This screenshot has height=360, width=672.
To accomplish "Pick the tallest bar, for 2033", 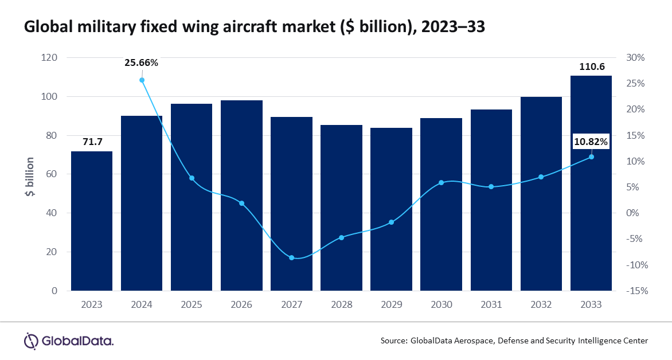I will click(591, 183).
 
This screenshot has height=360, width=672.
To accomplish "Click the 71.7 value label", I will click(92, 140).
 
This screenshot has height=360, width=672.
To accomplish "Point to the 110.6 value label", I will click(591, 66).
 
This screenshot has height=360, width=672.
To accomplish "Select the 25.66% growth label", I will click(141, 62).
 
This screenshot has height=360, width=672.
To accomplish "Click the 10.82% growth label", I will click(591, 141).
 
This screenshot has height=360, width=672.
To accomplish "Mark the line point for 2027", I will click(291, 258).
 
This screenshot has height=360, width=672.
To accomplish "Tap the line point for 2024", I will click(142, 80).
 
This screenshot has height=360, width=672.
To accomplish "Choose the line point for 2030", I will click(441, 183).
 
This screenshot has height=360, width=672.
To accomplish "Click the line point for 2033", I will click(591, 157).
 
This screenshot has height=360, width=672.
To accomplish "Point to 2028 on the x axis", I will click(341, 304).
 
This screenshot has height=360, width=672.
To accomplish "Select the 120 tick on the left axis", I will click(49, 58).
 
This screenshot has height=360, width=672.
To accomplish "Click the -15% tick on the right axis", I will click(636, 291).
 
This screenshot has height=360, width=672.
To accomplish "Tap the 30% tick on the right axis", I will click(635, 58).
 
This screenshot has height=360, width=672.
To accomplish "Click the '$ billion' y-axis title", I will click(29, 177).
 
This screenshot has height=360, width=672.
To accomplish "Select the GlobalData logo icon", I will click(31, 341).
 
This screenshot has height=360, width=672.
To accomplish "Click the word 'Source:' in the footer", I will click(394, 341).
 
